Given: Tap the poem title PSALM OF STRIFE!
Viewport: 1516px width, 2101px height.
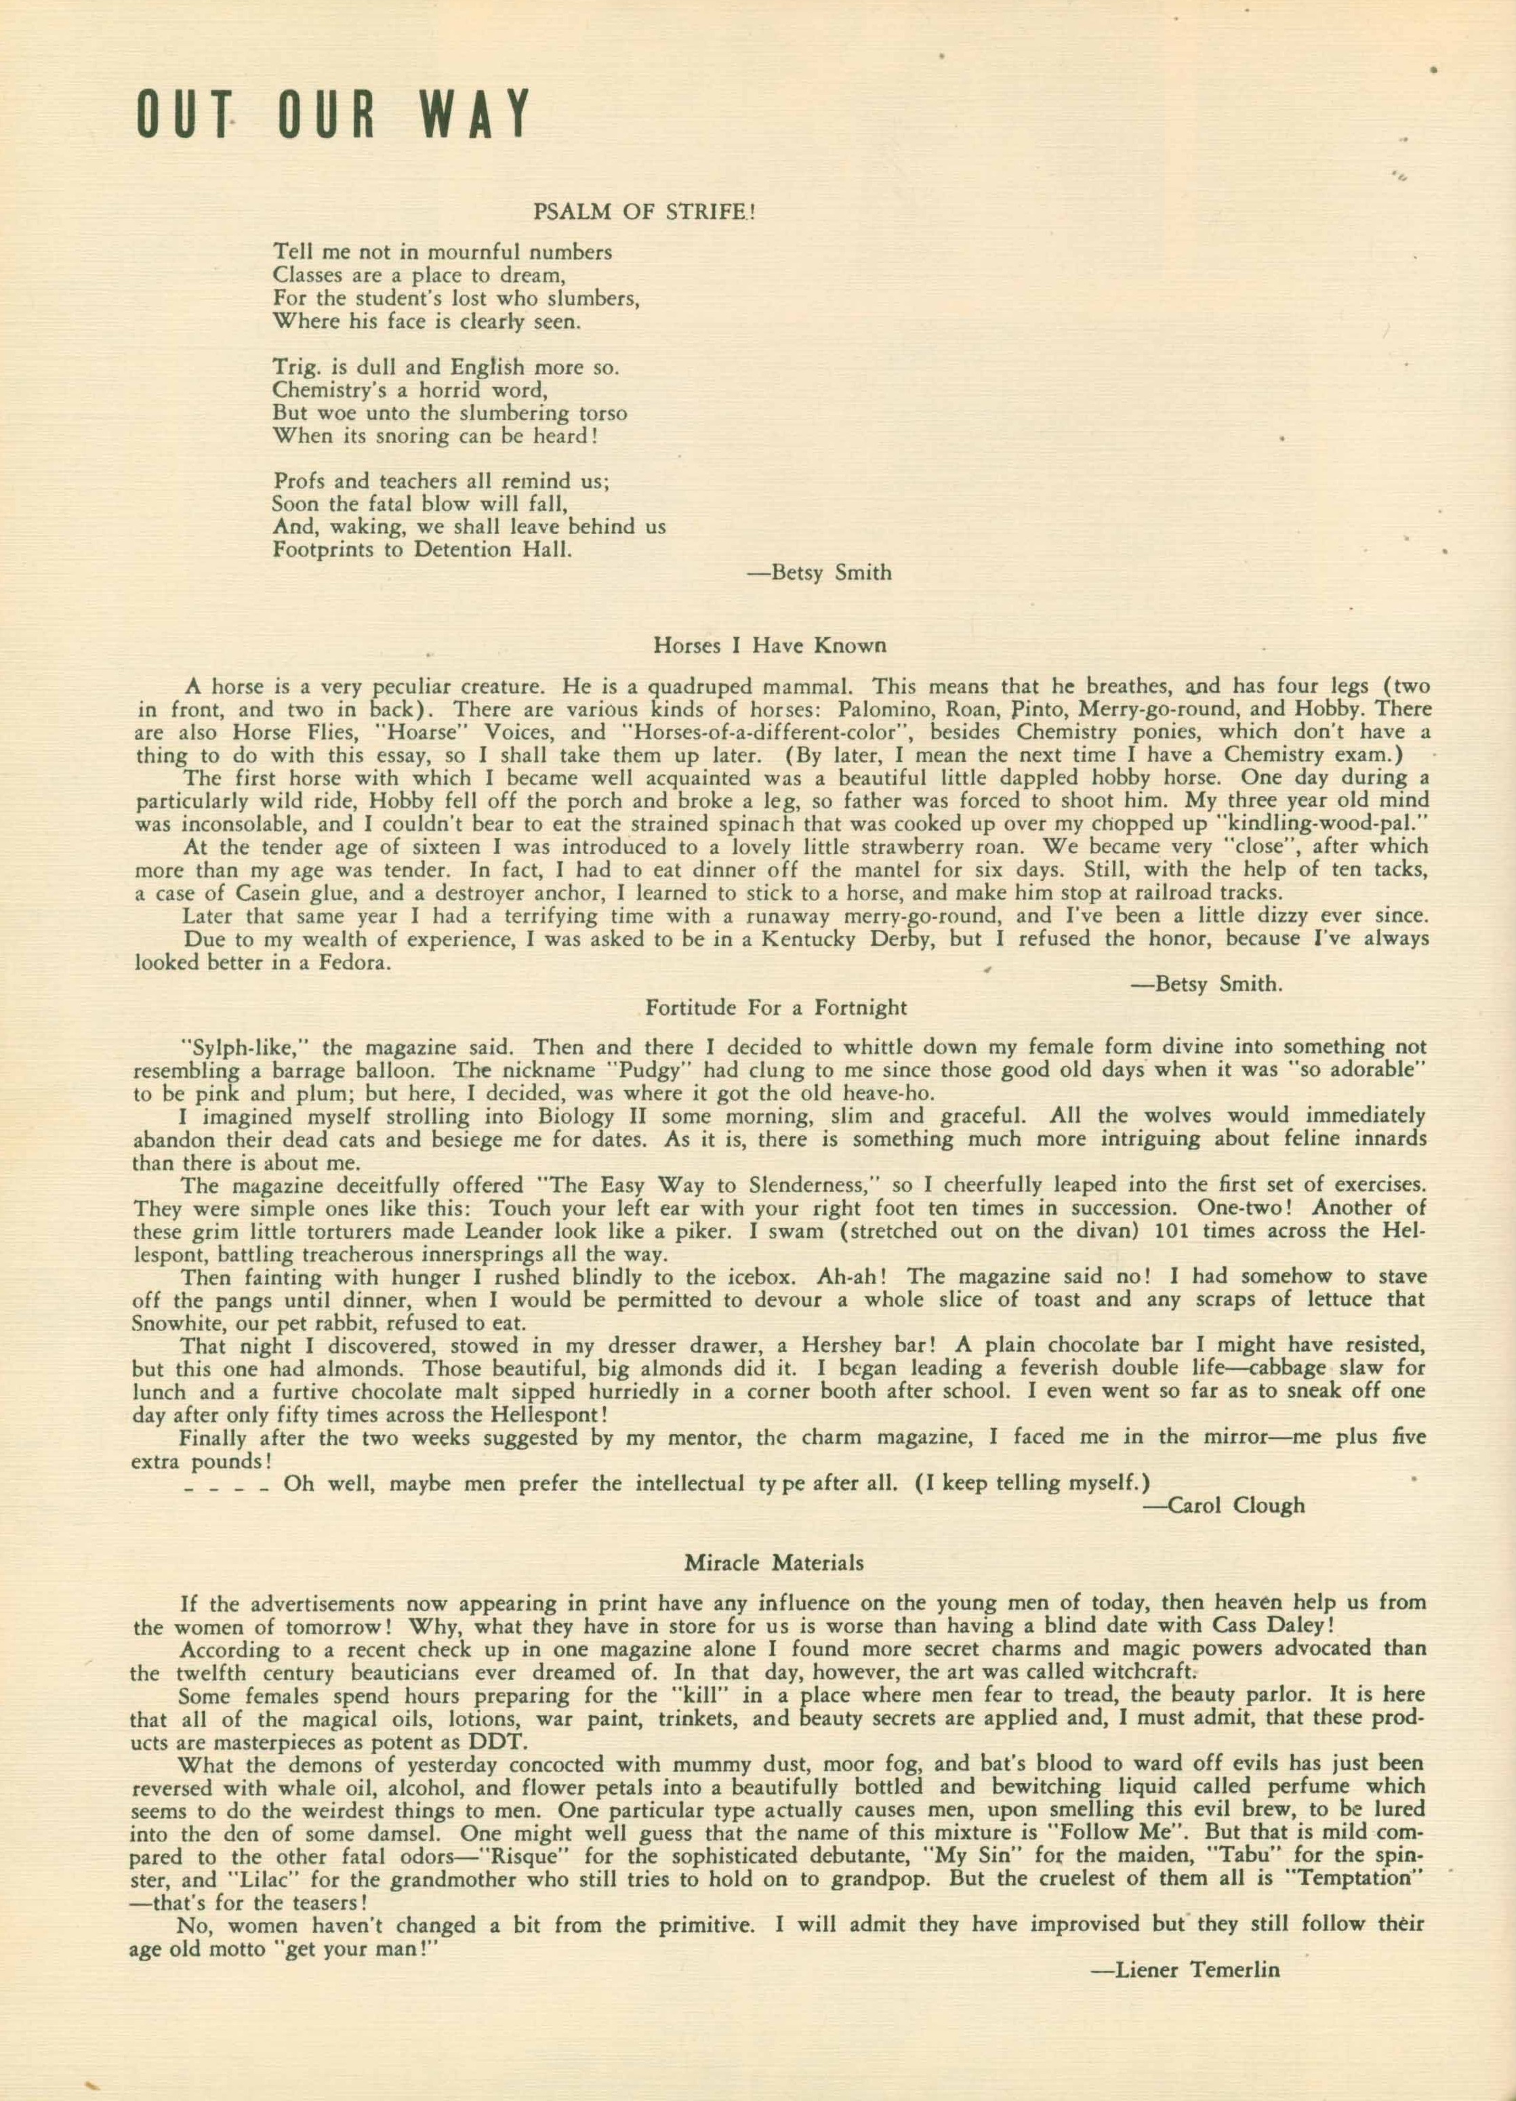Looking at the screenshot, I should coord(644,212).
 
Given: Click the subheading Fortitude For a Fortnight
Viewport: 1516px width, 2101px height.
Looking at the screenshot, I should coord(776,1007).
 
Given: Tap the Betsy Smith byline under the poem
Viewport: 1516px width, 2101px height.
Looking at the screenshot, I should coord(819,573).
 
